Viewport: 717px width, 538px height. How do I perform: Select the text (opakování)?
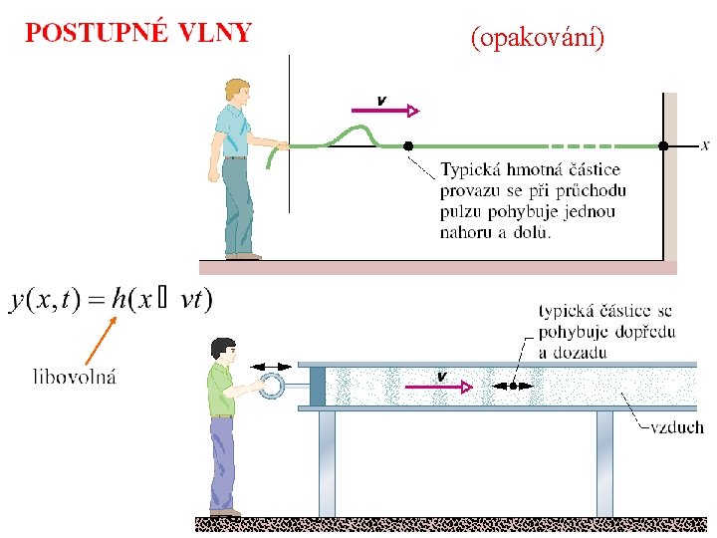pyautogui.click(x=538, y=38)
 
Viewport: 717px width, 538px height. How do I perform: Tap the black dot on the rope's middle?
pyautogui.click(x=408, y=145)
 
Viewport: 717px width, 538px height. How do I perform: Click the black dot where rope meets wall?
pyautogui.click(x=663, y=145)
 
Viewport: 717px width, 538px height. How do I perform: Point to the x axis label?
pyautogui.click(x=705, y=145)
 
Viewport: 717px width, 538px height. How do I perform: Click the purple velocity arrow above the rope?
pyautogui.click(x=385, y=111)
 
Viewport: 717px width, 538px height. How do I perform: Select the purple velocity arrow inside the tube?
pyautogui.click(x=439, y=387)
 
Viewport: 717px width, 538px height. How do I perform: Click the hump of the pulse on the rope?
pyautogui.click(x=356, y=134)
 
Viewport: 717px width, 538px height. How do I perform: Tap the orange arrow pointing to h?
pyautogui.click(x=101, y=341)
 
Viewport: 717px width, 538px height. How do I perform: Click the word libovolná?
pyautogui.click(x=75, y=377)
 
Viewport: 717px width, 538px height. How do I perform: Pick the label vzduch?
pyautogui.click(x=677, y=427)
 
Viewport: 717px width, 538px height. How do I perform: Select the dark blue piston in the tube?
pyautogui.click(x=318, y=387)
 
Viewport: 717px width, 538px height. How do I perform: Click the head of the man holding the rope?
pyautogui.click(x=238, y=94)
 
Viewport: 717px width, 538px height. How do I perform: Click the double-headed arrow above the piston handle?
pyautogui.click(x=271, y=367)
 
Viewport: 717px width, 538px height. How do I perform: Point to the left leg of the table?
pyautogui.click(x=327, y=464)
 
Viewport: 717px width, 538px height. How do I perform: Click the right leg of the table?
pyautogui.click(x=604, y=464)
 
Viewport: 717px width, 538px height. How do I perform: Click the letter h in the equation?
pyautogui.click(x=119, y=300)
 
